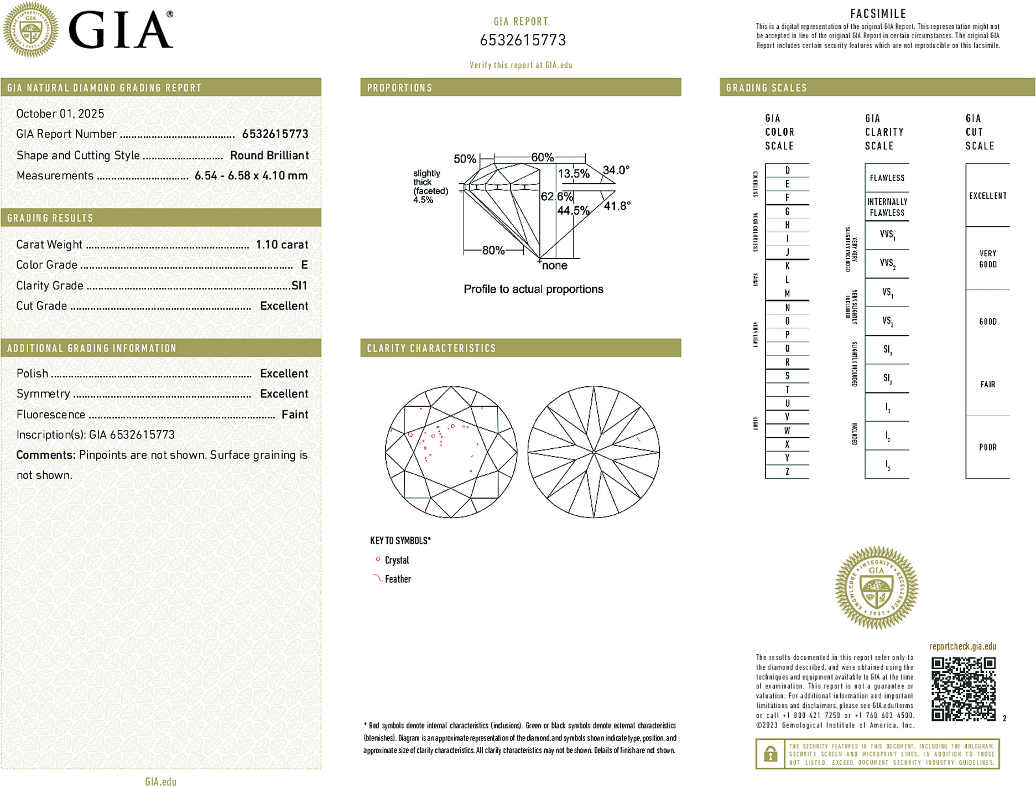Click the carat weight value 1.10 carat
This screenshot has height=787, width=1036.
coord(282,245)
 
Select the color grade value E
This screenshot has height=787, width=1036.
coord(304,265)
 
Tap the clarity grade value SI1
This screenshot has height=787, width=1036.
coord(299,286)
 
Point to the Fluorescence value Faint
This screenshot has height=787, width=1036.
coord(295,415)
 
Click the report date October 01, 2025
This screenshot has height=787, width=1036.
coord(60,113)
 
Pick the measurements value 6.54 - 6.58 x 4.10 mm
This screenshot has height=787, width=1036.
coord(251,176)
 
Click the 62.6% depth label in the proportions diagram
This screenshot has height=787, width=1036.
coord(556,196)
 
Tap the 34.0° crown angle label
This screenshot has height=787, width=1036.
coord(616,170)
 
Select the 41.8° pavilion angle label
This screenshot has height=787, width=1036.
coord(617,206)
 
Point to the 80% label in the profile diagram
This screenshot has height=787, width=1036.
coord(493,250)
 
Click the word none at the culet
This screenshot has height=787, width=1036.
coord(555,266)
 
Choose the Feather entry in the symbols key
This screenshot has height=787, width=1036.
coord(398,579)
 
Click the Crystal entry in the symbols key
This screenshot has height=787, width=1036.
coord(397,560)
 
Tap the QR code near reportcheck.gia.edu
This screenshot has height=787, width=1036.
coord(963,689)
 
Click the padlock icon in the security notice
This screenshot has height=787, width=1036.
coord(771,754)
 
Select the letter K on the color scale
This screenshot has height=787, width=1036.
coord(787,266)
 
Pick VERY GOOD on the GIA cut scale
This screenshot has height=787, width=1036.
coord(988,259)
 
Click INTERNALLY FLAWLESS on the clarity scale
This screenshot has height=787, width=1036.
coord(887,207)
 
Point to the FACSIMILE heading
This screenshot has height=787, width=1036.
coord(878,14)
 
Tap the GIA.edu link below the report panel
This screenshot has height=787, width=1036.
coord(161,781)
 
